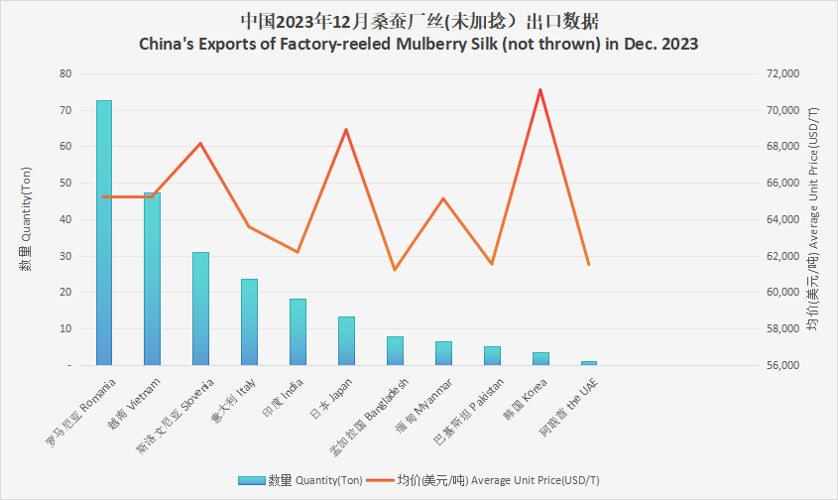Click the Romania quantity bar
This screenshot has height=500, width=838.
coord(103,232)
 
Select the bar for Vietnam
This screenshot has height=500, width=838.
coord(152,279)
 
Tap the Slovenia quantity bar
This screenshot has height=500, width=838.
coord(200,309)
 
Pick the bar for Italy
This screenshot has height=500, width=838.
coord(249,321)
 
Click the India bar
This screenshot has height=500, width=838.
coord(298,331)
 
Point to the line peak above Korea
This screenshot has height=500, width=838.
coord(539,90)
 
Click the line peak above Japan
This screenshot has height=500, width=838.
coord(346,130)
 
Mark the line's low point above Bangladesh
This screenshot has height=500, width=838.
coord(395,270)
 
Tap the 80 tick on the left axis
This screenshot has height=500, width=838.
coord(65,73)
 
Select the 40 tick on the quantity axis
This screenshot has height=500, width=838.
coord(65,219)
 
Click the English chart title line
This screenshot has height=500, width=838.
coord(418,45)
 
